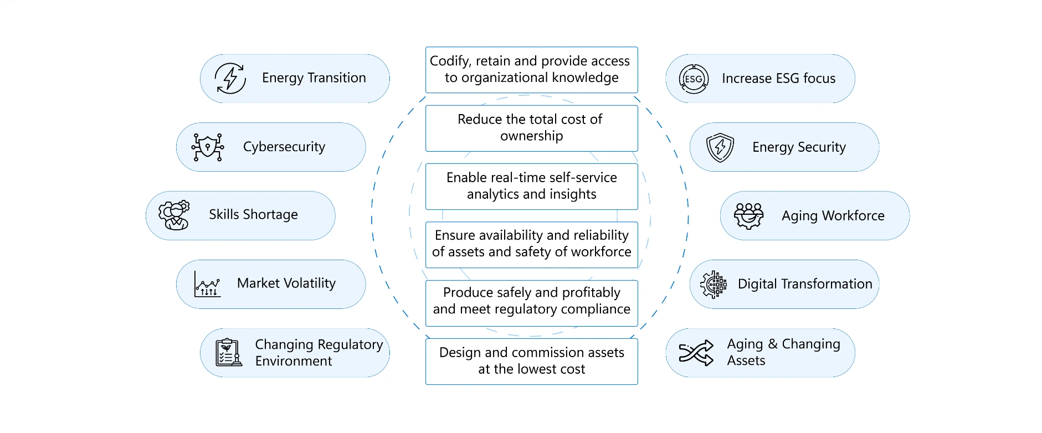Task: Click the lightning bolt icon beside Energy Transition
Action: click(x=230, y=78)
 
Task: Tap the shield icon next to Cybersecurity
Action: click(x=208, y=147)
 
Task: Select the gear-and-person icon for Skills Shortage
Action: click(x=174, y=215)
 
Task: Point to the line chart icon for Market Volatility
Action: click(x=207, y=284)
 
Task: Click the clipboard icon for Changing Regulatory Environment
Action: click(x=228, y=353)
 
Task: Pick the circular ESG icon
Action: click(x=694, y=79)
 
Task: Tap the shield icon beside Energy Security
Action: click(x=720, y=147)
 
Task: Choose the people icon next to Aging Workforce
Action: click(x=748, y=215)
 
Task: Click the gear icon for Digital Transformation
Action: click(x=713, y=285)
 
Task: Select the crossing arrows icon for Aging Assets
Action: click(x=696, y=353)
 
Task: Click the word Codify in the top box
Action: click(x=450, y=61)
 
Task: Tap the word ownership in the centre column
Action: click(x=531, y=136)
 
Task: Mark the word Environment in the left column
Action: click(x=294, y=361)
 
